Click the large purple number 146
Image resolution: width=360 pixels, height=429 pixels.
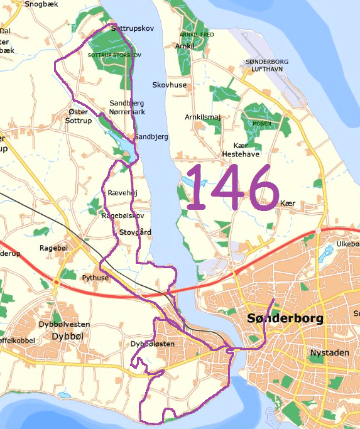[x=232, y=187]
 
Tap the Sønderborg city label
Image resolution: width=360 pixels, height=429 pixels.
[x=285, y=319]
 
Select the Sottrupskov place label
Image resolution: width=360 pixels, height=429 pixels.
[x=132, y=29]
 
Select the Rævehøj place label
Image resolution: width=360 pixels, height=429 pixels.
[x=123, y=193]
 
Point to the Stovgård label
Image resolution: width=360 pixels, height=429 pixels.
[x=135, y=232]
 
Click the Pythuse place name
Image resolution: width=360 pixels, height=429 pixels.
[x=95, y=277]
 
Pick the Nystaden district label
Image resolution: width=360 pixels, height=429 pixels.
[x=329, y=353]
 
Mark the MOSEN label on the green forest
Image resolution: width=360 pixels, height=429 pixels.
[x=261, y=124]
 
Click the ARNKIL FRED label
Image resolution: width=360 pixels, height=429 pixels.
[x=197, y=35]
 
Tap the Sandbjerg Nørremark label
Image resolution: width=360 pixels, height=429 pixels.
[x=126, y=107]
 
